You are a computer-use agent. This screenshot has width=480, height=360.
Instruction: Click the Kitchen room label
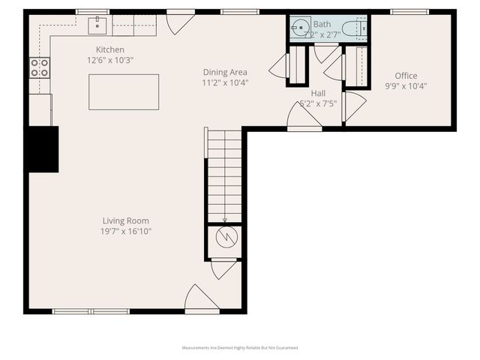[104, 49]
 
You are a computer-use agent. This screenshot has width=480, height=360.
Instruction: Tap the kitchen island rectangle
[124, 91]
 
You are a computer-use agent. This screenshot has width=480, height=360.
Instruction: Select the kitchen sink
[97, 26]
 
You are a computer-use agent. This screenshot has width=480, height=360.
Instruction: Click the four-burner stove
[39, 68]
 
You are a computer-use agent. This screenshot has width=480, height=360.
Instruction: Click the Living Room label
[126, 220]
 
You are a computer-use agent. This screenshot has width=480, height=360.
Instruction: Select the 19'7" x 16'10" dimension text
[126, 232]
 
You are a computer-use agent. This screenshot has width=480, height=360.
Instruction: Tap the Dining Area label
[226, 72]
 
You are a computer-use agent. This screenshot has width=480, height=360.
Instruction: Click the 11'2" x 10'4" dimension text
[226, 82]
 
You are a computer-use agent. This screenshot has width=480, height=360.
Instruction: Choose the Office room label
[406, 76]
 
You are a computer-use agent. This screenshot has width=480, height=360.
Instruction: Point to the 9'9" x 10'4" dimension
[406, 86]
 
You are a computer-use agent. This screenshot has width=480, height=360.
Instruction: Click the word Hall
[318, 93]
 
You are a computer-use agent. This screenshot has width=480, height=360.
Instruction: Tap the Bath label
[322, 24]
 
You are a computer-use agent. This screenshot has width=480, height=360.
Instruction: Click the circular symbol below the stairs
[224, 238]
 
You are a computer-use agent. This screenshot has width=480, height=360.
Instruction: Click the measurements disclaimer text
[240, 348]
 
